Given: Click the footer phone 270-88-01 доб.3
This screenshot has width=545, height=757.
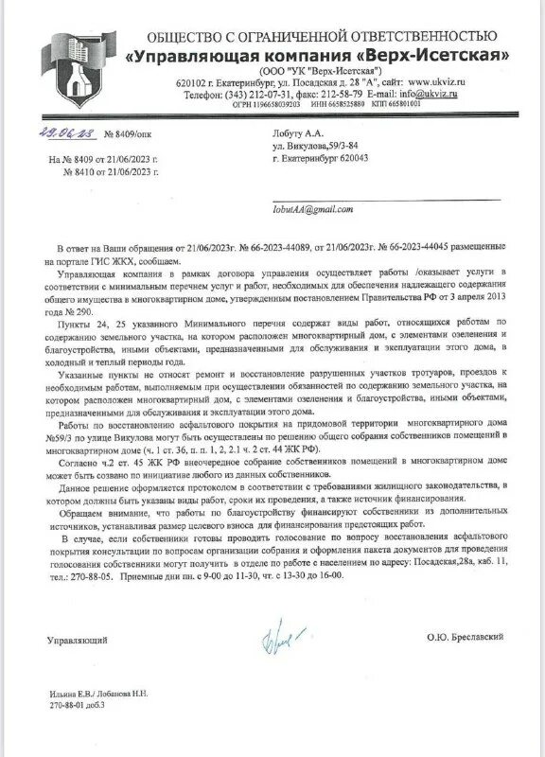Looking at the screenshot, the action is pos(77,706).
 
